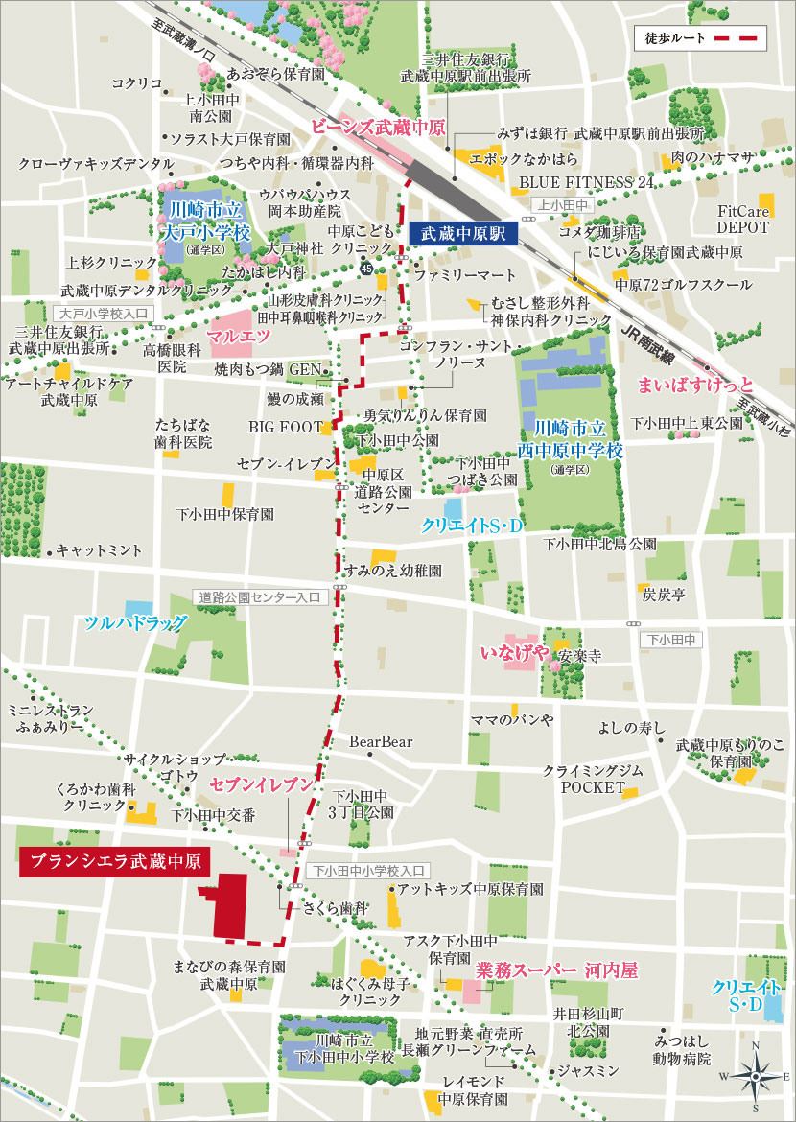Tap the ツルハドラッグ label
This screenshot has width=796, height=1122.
pyautogui.click(x=135, y=623)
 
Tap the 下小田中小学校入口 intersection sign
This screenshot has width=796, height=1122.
pyautogui.click(x=370, y=871)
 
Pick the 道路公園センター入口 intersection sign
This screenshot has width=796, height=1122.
pyautogui.click(x=259, y=596)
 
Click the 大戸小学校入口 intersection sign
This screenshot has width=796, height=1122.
pyautogui.click(x=101, y=313)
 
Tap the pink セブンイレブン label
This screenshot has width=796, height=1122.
pyautogui.click(x=262, y=785)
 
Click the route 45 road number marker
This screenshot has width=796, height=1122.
pyautogui.click(x=366, y=268)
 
